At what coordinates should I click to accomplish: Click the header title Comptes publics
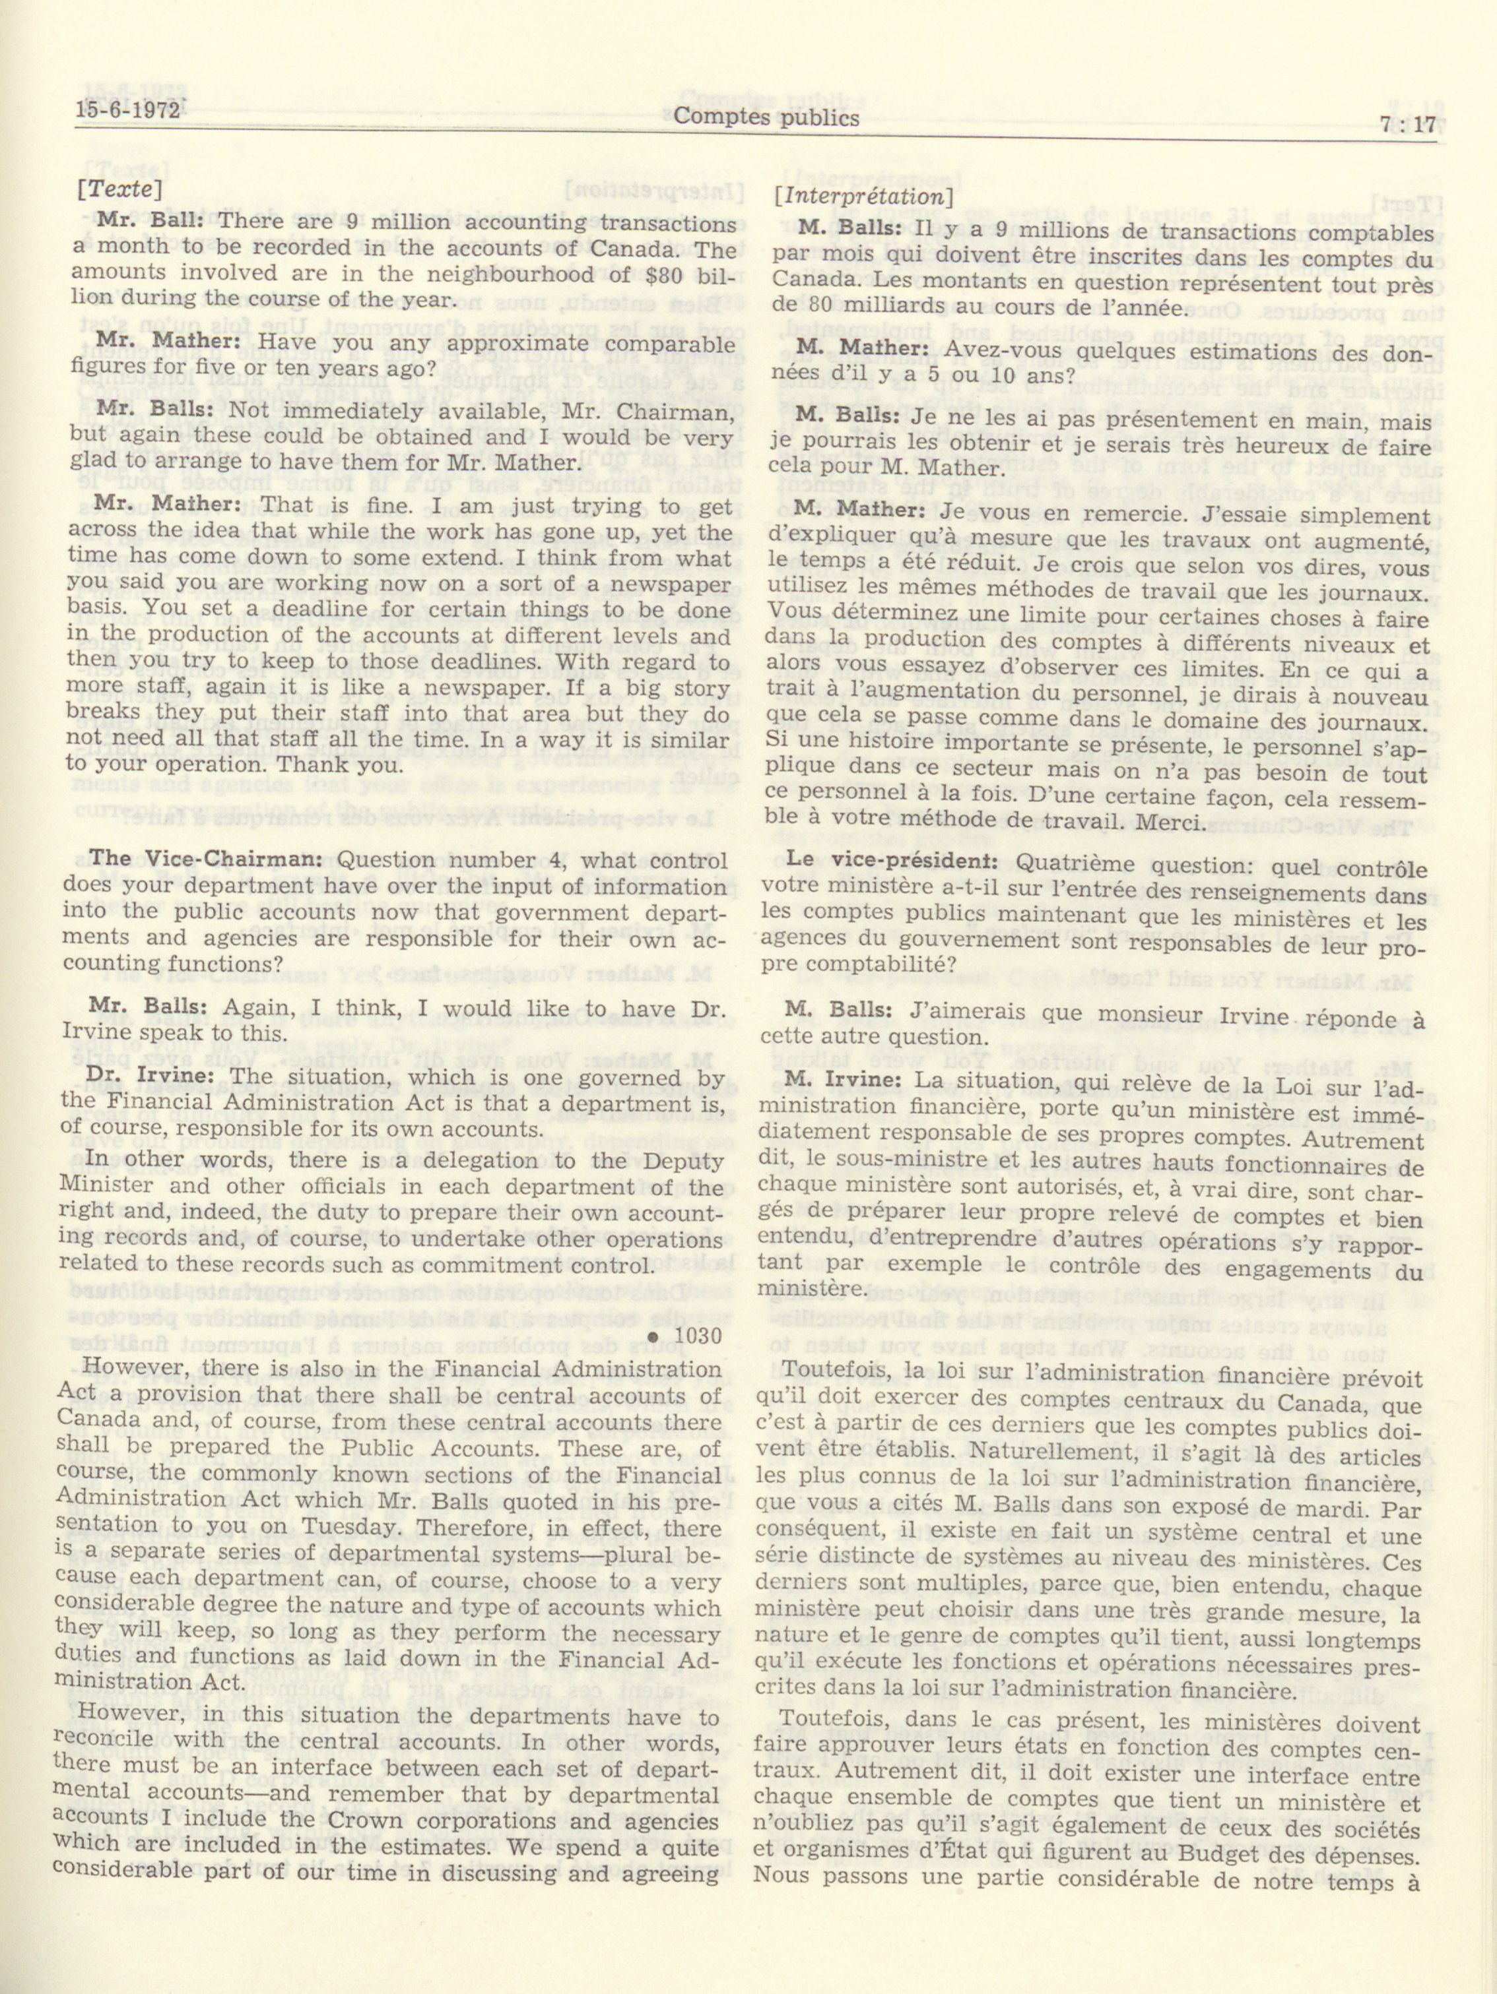[x=766, y=117]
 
